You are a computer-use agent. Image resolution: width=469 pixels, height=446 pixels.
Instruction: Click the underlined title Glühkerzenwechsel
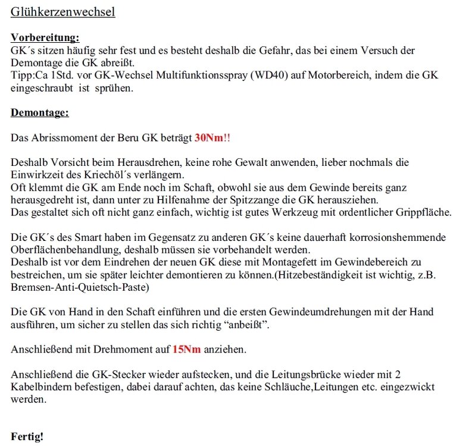click(62, 12)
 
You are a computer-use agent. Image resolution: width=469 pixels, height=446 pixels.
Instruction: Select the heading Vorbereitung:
click(45, 38)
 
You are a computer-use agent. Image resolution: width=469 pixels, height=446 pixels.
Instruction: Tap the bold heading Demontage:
click(40, 112)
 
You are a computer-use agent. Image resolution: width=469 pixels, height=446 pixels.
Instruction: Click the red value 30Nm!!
click(212, 137)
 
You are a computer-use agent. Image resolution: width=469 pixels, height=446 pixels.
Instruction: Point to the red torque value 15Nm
click(187, 349)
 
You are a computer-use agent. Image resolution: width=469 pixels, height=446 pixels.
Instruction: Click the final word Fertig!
click(27, 436)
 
